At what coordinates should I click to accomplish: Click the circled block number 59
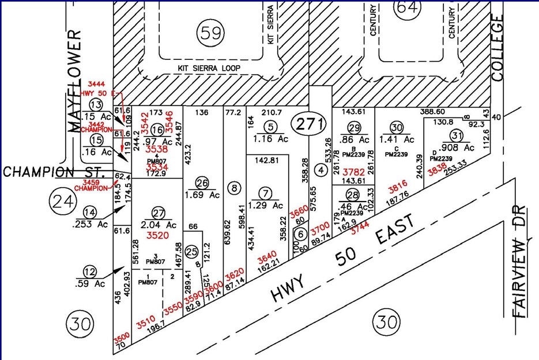tap(209, 33)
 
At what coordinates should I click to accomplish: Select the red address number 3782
tap(353, 172)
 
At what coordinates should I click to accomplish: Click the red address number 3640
tap(267, 256)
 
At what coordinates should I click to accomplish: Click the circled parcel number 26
tap(201, 184)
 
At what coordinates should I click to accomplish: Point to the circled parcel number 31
tap(457, 135)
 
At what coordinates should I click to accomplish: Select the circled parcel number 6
tap(300, 234)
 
